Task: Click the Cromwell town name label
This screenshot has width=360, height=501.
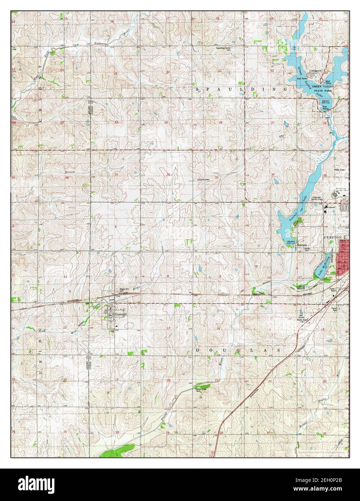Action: [x=120, y=315]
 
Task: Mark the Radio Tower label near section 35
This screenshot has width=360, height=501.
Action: [x=340, y=170]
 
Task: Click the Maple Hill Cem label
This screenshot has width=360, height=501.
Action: [x=124, y=290]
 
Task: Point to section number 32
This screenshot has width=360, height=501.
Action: [x=168, y=174]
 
